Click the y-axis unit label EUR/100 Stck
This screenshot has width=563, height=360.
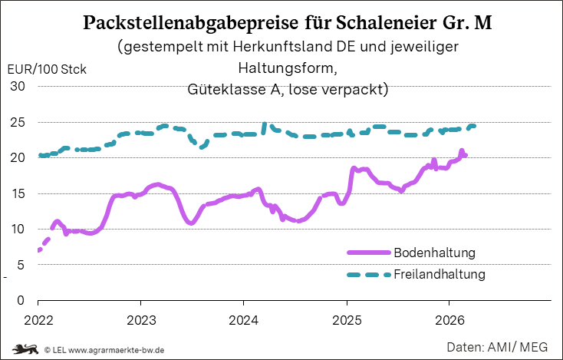click(x=47, y=69)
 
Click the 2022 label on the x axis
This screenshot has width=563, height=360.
click(x=38, y=318)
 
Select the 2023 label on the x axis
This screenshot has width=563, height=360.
click(x=141, y=318)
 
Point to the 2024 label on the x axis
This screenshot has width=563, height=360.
click(x=244, y=318)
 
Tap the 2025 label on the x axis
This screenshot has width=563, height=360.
click(x=347, y=318)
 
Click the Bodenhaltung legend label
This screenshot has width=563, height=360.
click(x=435, y=253)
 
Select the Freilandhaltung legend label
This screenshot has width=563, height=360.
click(x=440, y=274)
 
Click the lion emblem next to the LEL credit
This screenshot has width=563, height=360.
click(x=25, y=349)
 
